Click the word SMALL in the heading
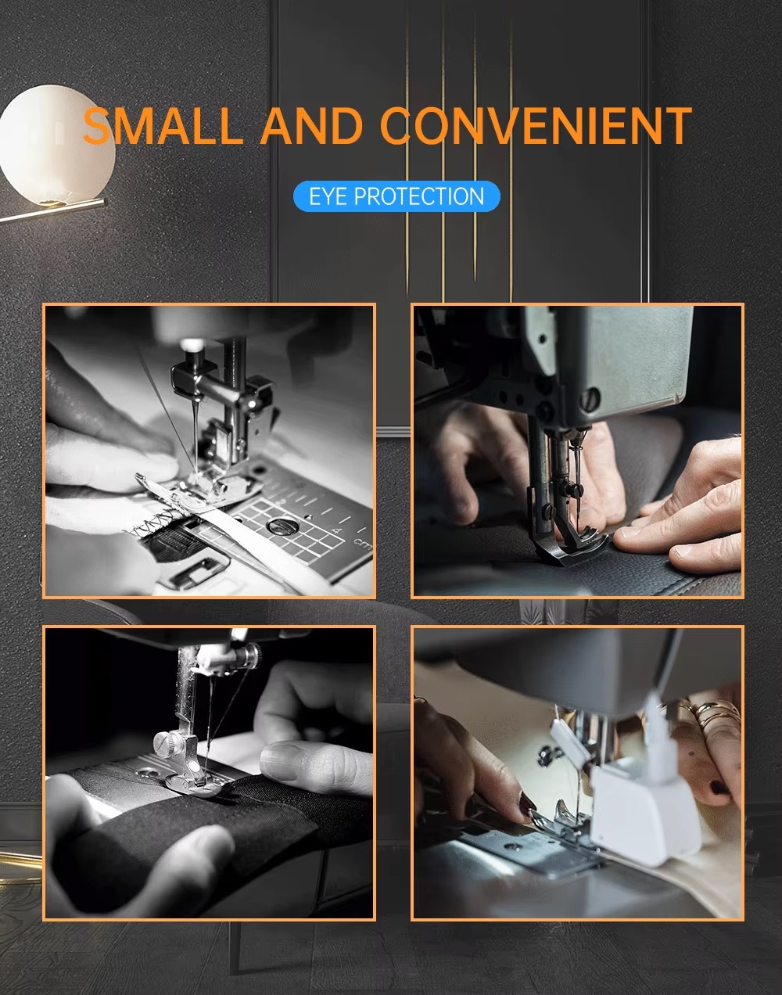click(163, 125)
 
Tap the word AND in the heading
click(312, 125)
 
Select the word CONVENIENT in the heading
click(536, 125)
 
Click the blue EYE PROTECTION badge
click(396, 196)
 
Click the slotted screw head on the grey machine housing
click(591, 399)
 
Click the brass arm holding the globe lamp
click(52, 210)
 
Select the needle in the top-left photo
click(196, 440)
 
